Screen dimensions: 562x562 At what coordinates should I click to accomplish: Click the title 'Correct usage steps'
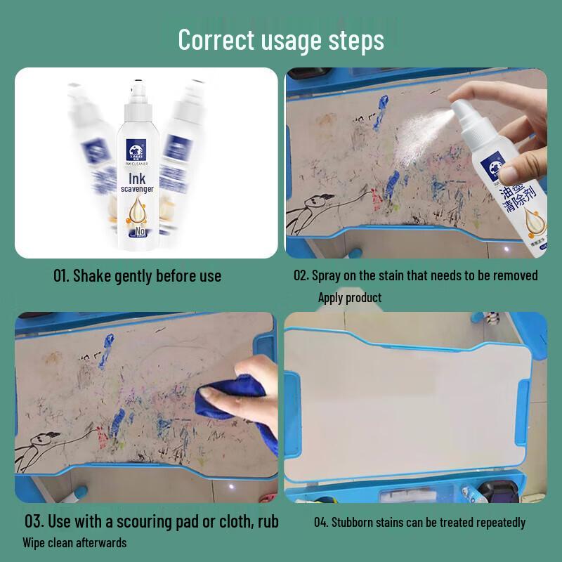click(281, 39)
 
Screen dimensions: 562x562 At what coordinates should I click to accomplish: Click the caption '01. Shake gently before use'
click(138, 276)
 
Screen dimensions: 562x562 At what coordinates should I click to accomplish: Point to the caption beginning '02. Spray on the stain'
click(416, 275)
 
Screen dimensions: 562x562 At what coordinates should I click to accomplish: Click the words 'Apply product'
click(350, 298)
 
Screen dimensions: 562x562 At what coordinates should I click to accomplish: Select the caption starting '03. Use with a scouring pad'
click(152, 522)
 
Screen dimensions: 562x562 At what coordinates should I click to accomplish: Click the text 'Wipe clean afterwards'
click(74, 542)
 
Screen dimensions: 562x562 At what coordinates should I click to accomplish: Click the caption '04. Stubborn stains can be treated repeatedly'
click(419, 523)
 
